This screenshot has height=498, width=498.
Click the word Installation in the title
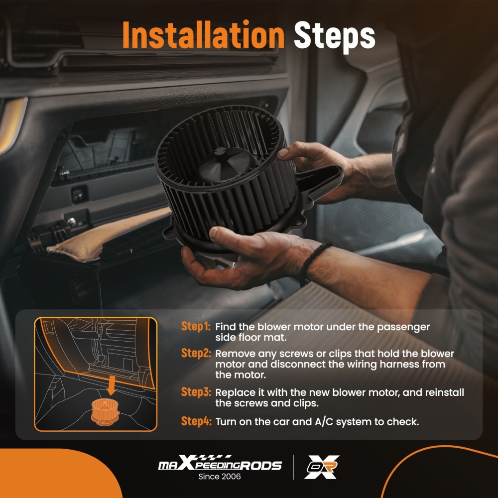[203, 35]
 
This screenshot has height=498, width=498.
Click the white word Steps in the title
[335, 36]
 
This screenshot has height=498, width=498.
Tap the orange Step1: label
[196, 326]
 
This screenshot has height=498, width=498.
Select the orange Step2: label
[196, 353]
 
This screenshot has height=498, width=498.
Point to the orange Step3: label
[196, 392]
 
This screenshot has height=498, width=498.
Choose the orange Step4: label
[196, 421]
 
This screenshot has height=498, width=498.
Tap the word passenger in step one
[403, 328]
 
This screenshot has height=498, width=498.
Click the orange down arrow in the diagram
[111, 385]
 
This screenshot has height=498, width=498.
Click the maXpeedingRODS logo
[220, 463]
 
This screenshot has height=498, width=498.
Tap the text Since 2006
[220, 477]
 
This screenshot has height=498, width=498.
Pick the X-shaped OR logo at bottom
[322, 467]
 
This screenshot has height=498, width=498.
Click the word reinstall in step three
[445, 392]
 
